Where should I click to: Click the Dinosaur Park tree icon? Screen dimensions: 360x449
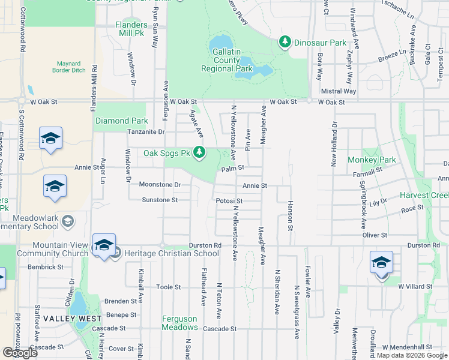click(x=285, y=42)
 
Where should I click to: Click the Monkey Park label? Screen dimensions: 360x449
click(x=372, y=160)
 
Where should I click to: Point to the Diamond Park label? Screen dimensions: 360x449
click(x=121, y=121)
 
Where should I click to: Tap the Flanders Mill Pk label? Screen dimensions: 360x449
click(x=131, y=29)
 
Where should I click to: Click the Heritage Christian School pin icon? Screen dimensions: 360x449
click(x=116, y=253)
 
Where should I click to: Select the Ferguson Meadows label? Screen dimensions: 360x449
click(x=179, y=323)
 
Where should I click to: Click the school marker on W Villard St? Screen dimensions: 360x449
click(x=381, y=264)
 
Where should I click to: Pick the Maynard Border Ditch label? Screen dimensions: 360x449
click(x=73, y=67)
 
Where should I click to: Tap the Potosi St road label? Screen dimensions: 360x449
click(x=230, y=201)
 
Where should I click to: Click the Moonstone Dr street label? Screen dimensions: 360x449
click(x=160, y=185)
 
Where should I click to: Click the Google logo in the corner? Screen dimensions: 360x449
click(x=20, y=353)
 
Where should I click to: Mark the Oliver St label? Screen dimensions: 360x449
click(x=375, y=235)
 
